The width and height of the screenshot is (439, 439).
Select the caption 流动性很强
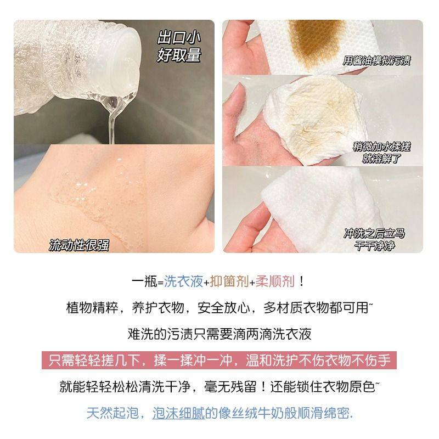[79, 245]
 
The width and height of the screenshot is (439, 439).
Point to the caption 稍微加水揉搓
[382, 148]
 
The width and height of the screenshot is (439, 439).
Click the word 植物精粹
[86, 308]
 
